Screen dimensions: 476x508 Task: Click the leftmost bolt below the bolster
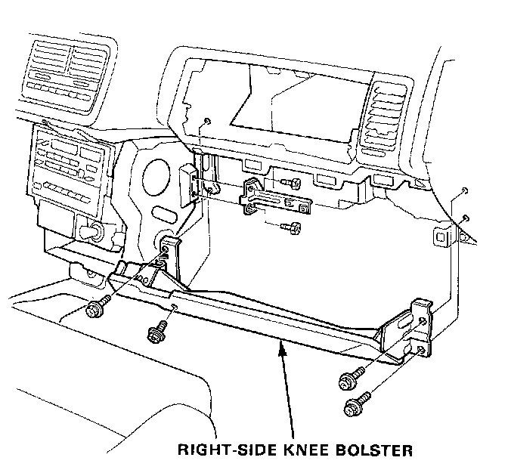(x=96, y=309)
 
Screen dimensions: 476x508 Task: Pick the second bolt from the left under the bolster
(x=156, y=330)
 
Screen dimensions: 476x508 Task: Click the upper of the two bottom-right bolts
(x=348, y=379)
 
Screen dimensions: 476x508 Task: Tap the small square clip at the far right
(x=441, y=236)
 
